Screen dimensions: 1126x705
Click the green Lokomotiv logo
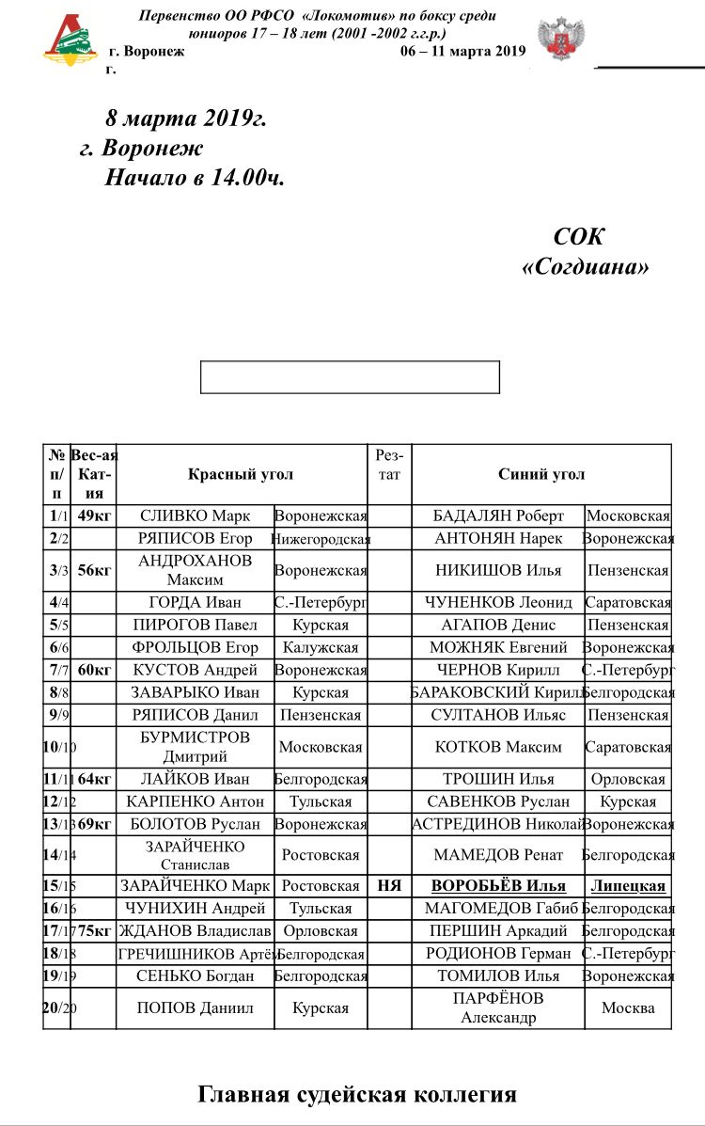pyautogui.click(x=70, y=40)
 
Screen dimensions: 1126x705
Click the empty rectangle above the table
pyautogui.click(x=350, y=376)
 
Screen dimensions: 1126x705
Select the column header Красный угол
pyautogui.click(x=242, y=474)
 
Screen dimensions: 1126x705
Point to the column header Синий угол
pyautogui.click(x=541, y=474)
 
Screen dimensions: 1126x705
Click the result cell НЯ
pyautogui.click(x=389, y=885)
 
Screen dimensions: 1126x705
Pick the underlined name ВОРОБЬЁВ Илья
pyautogui.click(x=498, y=885)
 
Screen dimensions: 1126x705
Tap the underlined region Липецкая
pyautogui.click(x=628, y=885)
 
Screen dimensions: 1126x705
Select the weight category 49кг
pyautogui.click(x=95, y=515)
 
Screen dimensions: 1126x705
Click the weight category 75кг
pyautogui.click(x=95, y=930)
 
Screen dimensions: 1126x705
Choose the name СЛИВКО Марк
pyautogui.click(x=196, y=515)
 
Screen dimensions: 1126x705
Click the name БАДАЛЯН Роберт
pyautogui.click(x=498, y=515)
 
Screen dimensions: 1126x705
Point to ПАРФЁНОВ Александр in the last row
pyautogui.click(x=498, y=1007)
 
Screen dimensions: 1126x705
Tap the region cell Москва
pyautogui.click(x=628, y=1007)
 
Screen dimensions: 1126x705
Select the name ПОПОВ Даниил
pyautogui.click(x=196, y=1007)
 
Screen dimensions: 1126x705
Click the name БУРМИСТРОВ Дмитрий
pyautogui.click(x=196, y=747)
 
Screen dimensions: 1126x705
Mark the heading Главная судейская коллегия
pyautogui.click(x=357, y=1094)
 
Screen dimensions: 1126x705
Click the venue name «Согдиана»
pyautogui.click(x=585, y=267)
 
